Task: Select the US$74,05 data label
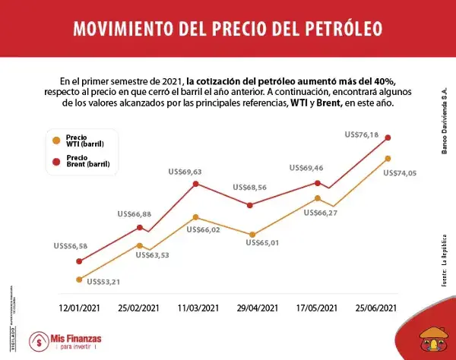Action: [x=401, y=174]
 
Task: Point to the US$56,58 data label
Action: [x=71, y=246]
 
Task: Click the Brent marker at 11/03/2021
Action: [x=196, y=184]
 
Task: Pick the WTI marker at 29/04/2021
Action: [x=251, y=235]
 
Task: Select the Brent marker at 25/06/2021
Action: [x=388, y=137]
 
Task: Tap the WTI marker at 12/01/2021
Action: [x=79, y=279]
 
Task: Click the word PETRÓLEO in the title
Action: [x=328, y=29]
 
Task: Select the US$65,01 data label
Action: [x=267, y=242]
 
